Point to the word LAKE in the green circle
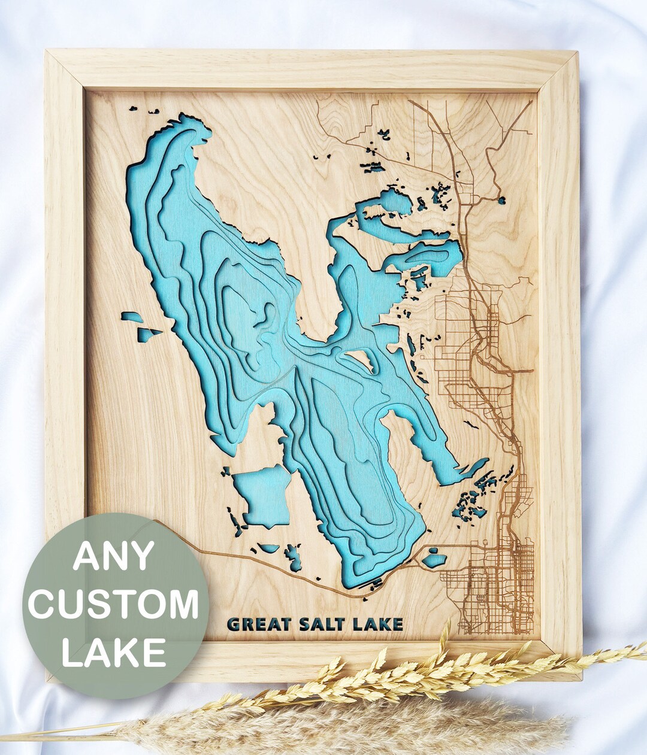coord(114,651)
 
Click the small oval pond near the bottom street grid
coord(434,560)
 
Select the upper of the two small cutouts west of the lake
coord(132,316)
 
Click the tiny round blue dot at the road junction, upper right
coord(501,201)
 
